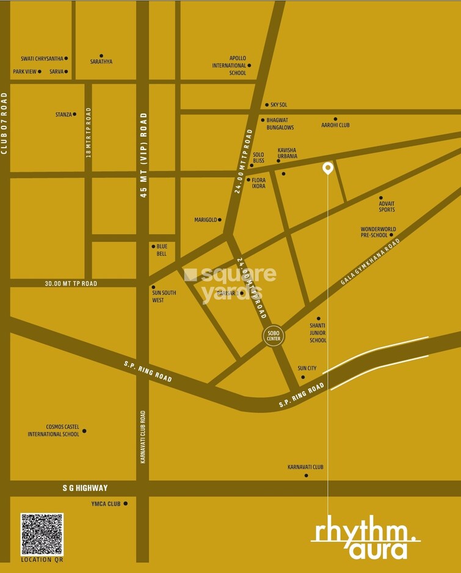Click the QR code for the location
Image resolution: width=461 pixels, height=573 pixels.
(x=42, y=534)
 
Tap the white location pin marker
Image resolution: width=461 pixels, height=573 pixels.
(x=328, y=168)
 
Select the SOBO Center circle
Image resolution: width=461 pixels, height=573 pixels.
(x=273, y=336)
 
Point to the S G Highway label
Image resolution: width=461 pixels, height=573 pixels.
(x=85, y=488)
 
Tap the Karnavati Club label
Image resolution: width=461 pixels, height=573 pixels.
(x=305, y=467)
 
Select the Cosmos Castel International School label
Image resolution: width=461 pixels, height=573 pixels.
(x=54, y=431)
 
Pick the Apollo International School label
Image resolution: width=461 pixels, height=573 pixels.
(x=229, y=65)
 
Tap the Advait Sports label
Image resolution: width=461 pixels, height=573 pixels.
(x=387, y=206)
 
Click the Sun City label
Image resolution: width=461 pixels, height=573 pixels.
(x=307, y=369)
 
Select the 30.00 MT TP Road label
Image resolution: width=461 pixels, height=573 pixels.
(x=71, y=284)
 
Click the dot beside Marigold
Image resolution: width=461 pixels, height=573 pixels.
(x=220, y=220)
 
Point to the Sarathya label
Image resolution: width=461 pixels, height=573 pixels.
(x=101, y=62)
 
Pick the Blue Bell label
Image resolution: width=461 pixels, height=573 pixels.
(x=162, y=250)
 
